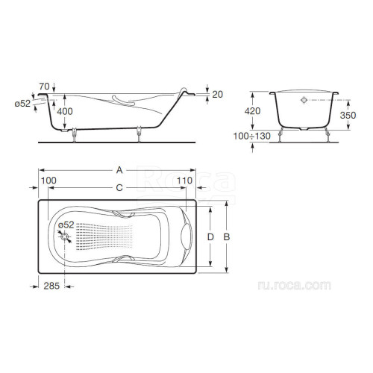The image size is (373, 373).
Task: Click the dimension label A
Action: tap(119, 170)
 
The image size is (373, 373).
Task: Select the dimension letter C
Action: tap(119, 188)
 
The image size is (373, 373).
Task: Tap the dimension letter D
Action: tap(210, 237)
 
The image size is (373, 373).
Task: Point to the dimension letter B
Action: tap(227, 237)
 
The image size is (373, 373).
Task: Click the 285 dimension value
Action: tap(51, 286)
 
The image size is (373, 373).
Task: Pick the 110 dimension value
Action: tap(184, 181)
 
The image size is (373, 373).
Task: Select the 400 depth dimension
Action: tap(65, 111)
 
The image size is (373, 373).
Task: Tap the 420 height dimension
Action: tap(252, 111)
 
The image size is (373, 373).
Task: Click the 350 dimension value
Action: tap(348, 115)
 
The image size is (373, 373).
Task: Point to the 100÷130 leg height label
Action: tap(252, 136)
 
